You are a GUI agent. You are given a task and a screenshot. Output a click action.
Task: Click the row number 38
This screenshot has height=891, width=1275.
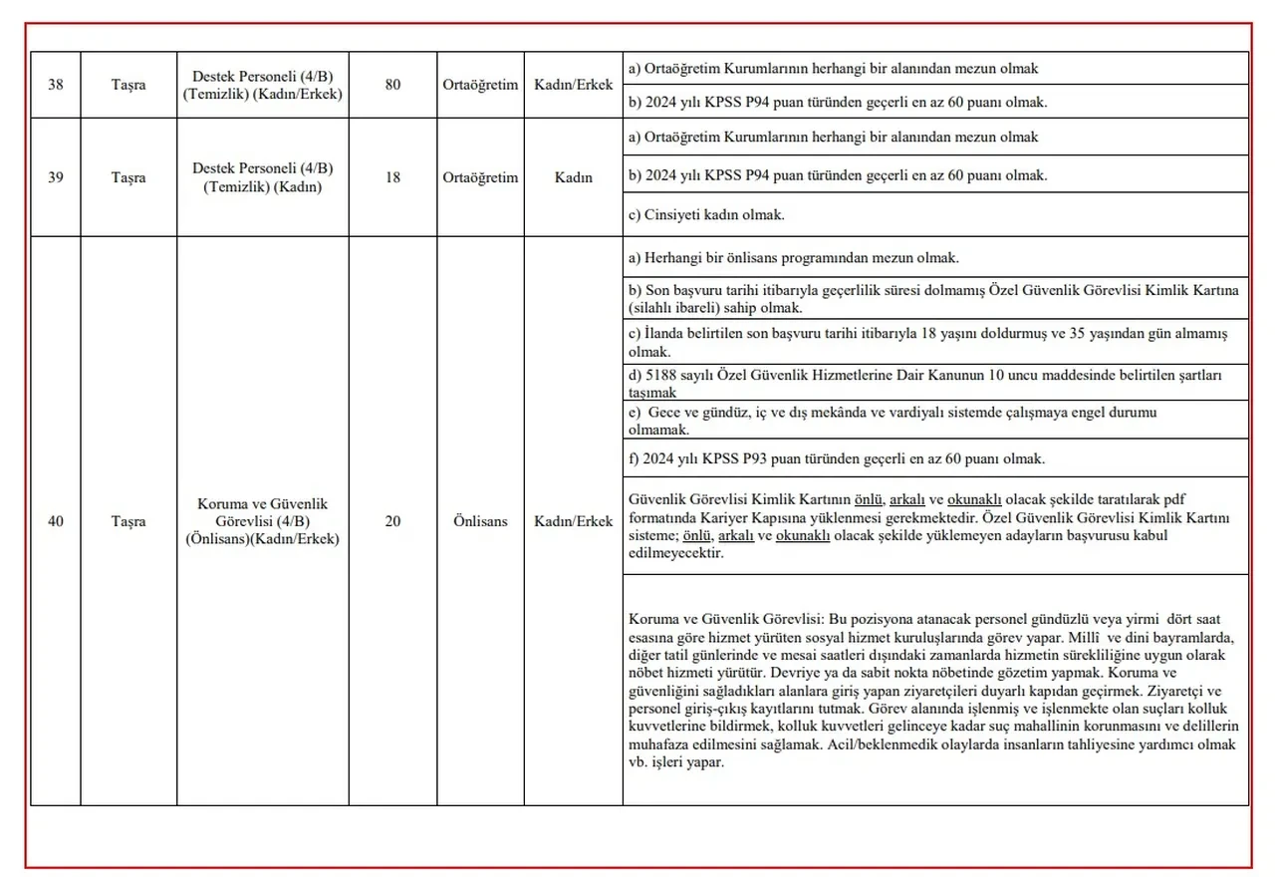pyautogui.click(x=56, y=85)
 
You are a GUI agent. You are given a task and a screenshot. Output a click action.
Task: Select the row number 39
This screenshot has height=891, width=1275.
pyautogui.click(x=56, y=177)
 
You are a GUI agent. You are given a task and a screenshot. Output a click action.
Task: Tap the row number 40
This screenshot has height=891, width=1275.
pyautogui.click(x=56, y=521)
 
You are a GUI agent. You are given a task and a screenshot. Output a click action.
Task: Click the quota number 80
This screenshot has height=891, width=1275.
pyautogui.click(x=392, y=85)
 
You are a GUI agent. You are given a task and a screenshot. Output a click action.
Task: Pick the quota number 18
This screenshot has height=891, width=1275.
pyautogui.click(x=392, y=177)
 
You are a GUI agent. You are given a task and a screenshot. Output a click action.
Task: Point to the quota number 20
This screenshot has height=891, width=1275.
pyautogui.click(x=392, y=521)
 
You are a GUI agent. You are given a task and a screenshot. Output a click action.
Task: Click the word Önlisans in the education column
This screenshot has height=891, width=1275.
pyautogui.click(x=480, y=521)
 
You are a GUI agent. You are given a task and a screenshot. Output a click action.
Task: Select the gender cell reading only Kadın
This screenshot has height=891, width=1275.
pyautogui.click(x=573, y=177)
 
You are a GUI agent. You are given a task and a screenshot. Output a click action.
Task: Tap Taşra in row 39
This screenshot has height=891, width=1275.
pyautogui.click(x=128, y=177)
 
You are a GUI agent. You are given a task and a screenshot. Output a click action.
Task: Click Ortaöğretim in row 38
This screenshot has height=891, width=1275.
pyautogui.click(x=480, y=85)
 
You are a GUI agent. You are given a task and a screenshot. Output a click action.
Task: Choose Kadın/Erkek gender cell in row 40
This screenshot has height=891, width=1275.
pyautogui.click(x=573, y=521)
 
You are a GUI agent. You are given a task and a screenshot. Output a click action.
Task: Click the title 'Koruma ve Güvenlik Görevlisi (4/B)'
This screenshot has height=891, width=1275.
pyautogui.click(x=263, y=512)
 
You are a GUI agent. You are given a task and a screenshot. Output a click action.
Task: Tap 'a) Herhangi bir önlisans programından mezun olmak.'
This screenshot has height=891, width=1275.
pyautogui.click(x=794, y=258)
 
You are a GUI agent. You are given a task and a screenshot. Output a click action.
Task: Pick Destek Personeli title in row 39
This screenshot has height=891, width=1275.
pyautogui.click(x=263, y=168)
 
